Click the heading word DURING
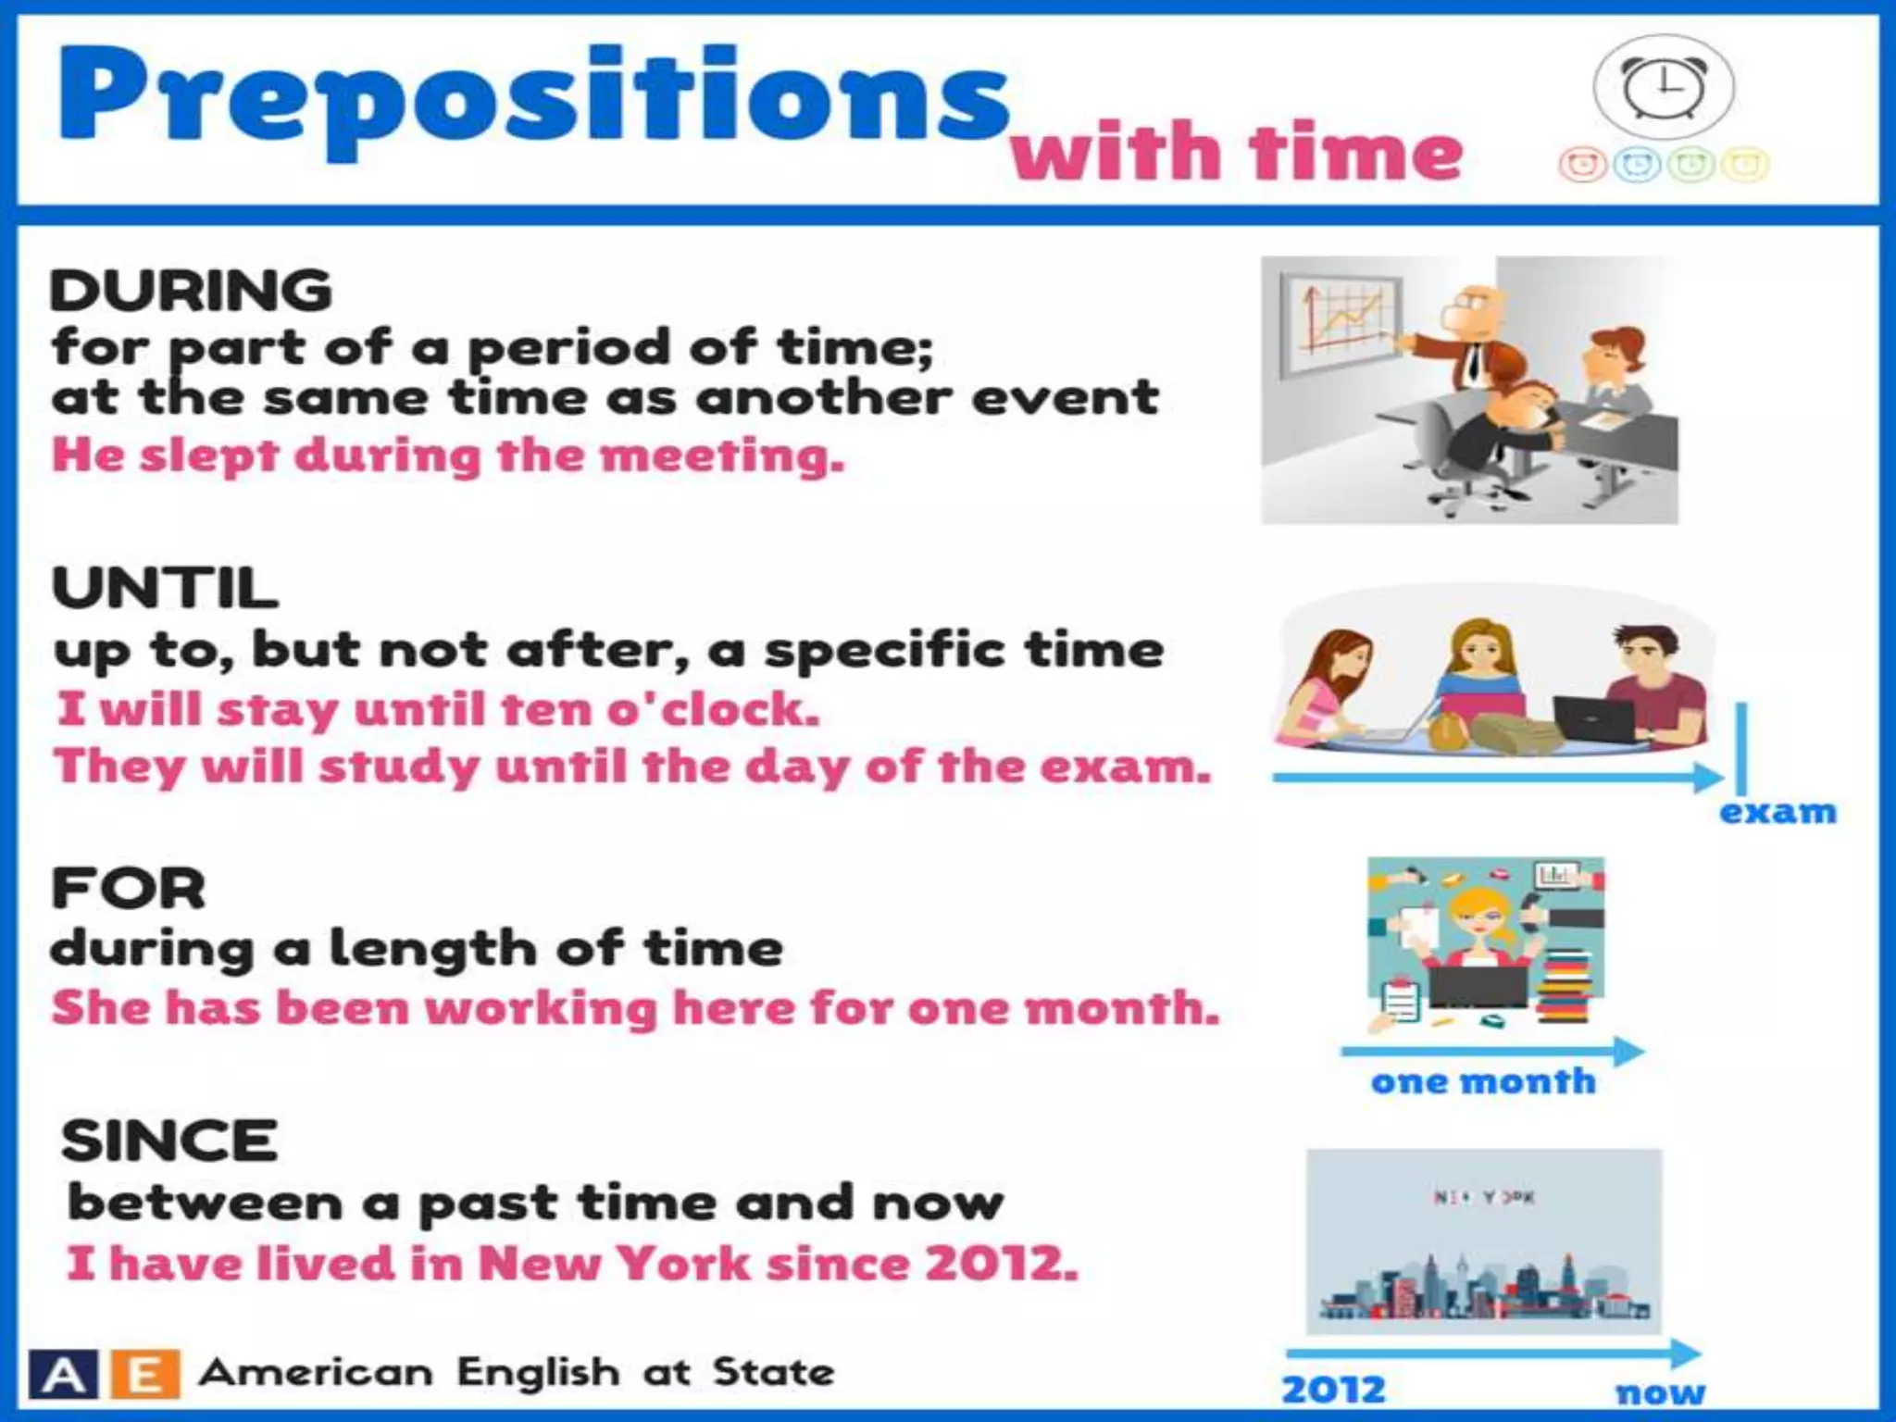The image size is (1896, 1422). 191,291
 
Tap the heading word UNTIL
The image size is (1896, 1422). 165,588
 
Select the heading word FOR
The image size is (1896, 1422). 129,889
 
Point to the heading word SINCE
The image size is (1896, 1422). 169,1141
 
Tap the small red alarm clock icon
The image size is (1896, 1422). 1582,166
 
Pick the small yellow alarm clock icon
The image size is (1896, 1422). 1744,166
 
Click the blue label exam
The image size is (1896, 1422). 1777,812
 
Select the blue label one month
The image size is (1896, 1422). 1483,1081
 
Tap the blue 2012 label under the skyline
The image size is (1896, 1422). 1333,1389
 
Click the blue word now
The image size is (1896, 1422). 1660,1391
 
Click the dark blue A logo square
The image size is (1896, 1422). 63,1375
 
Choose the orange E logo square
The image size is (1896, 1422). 144,1375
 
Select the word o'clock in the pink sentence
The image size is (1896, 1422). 713,710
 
